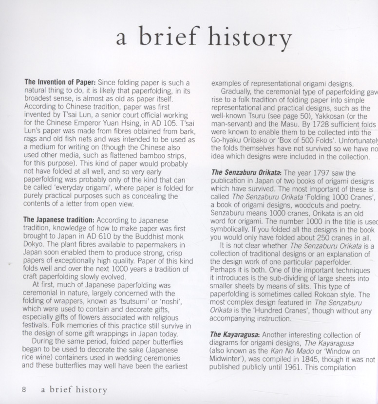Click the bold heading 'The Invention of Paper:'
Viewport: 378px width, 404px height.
tap(59, 82)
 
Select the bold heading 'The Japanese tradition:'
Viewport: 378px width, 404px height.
tap(59, 220)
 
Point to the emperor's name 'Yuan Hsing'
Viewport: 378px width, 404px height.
tap(117, 123)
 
